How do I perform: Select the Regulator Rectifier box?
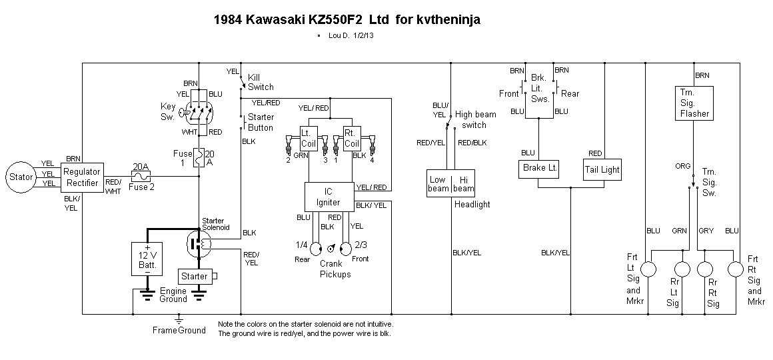(81, 177)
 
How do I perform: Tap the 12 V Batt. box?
(147, 257)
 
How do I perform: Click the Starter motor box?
(195, 276)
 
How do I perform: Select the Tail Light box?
(602, 169)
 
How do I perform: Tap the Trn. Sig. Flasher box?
(695, 103)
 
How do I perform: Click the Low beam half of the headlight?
(438, 184)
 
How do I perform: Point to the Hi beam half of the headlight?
(463, 184)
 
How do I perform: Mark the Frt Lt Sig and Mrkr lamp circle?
(650, 269)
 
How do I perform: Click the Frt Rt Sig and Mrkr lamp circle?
(735, 269)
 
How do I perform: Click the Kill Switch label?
(260, 82)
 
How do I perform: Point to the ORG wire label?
(683, 167)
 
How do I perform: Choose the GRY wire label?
(706, 231)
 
